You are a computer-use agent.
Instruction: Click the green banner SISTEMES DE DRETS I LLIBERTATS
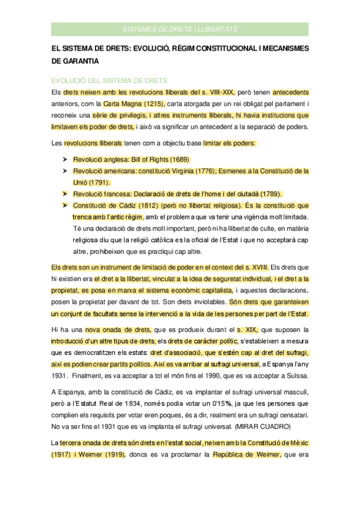(x=180, y=29)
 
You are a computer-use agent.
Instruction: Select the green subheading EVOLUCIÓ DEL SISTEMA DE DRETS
(x=109, y=81)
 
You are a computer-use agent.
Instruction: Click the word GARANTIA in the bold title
(x=76, y=61)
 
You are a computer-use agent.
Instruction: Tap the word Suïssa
(x=295, y=376)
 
